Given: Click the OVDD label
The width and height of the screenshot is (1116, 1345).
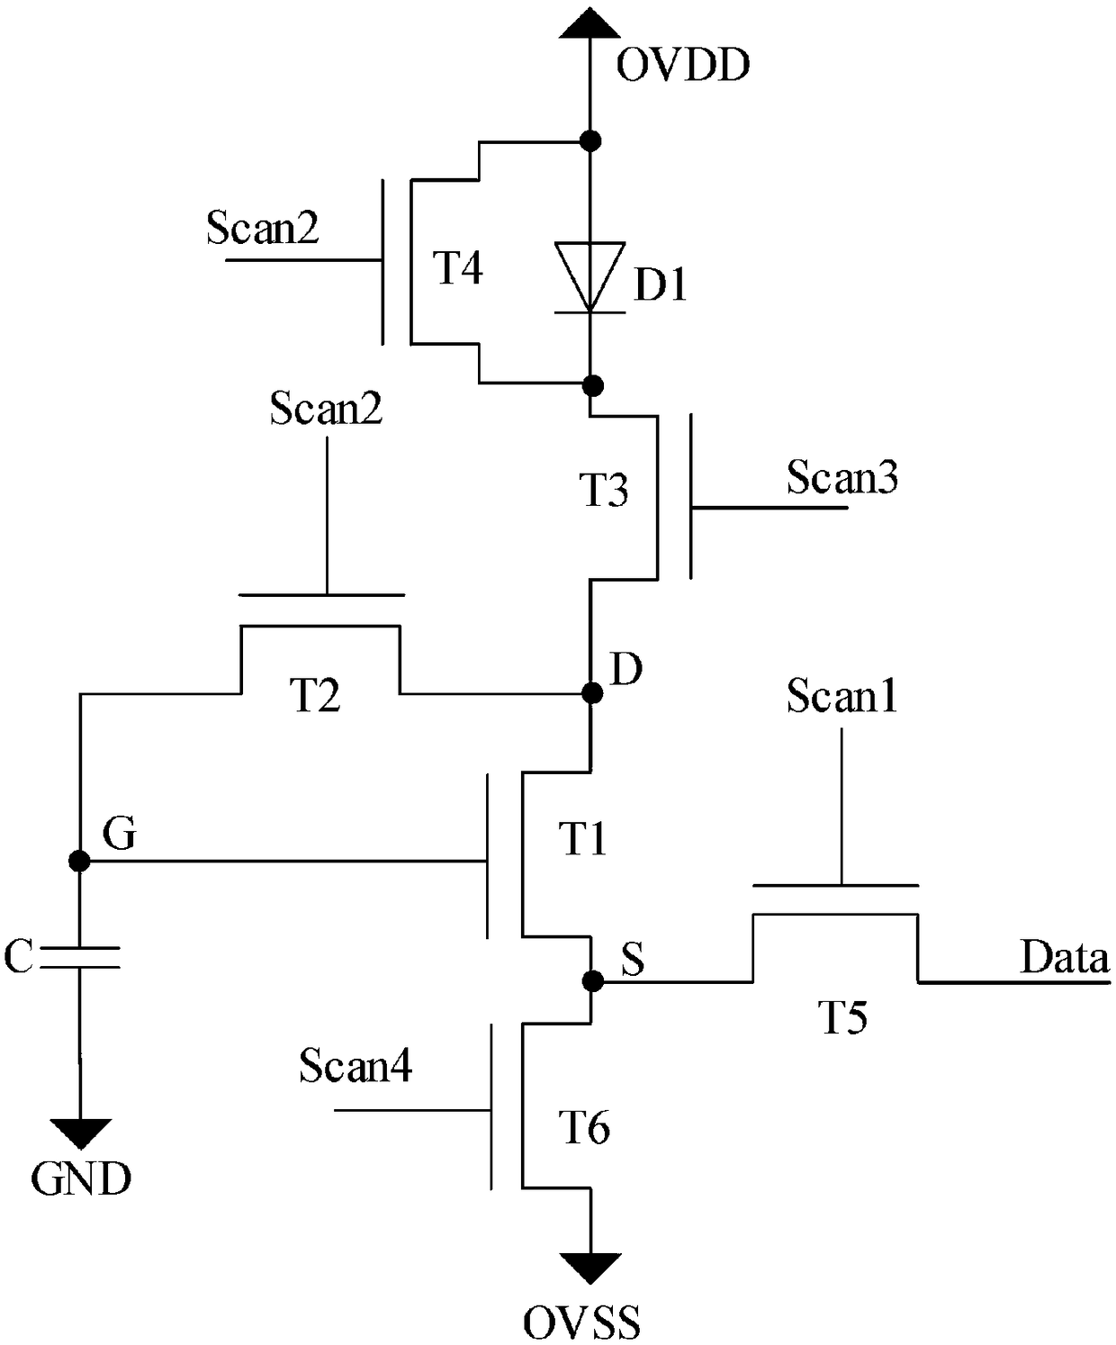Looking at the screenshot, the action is (683, 65).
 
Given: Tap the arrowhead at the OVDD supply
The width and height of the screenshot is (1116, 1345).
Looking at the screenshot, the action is (590, 23).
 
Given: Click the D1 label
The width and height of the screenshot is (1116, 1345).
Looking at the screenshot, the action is (661, 284).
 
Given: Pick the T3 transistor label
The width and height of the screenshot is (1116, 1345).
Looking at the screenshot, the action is (603, 490).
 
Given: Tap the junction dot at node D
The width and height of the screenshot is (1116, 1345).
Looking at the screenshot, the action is (592, 693).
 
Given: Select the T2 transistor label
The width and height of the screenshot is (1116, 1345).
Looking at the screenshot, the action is (315, 695).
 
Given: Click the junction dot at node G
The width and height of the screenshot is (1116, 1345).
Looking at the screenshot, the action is (79, 860).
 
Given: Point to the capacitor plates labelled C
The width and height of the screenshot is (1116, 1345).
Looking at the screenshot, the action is (80, 957).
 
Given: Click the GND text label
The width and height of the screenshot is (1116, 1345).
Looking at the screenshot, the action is (81, 1179).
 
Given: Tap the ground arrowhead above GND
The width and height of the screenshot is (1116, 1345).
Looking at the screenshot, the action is (80, 1133).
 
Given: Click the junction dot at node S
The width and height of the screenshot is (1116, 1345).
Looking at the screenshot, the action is (592, 981).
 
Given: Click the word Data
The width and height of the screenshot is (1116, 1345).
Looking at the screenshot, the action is (1065, 957).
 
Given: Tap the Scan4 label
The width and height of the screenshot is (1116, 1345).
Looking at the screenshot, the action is (355, 1065).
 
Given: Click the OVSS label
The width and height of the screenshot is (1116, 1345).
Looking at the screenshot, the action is (581, 1323).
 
